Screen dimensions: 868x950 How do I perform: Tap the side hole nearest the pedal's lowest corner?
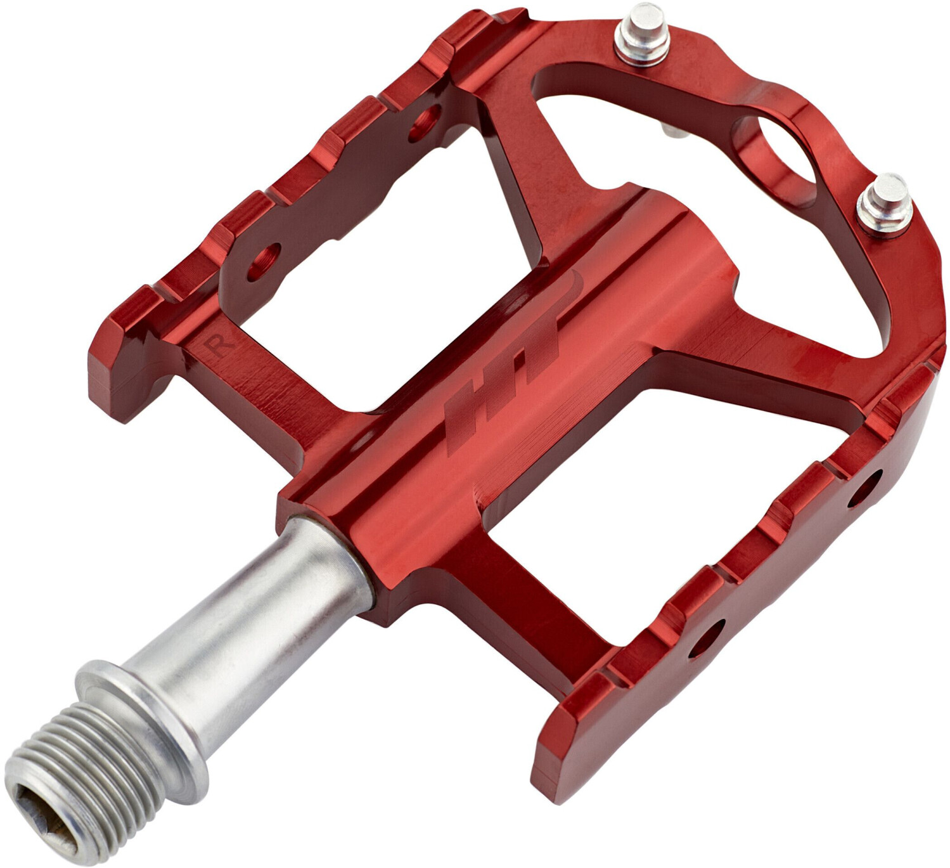705,637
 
